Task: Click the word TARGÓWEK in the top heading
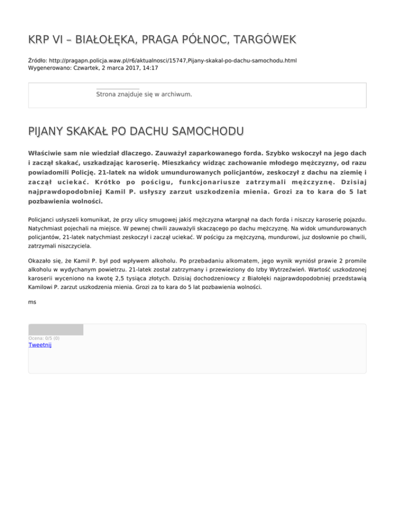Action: coord(259,40)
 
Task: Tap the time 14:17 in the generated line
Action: coord(135,67)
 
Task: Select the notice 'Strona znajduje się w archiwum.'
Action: coord(144,95)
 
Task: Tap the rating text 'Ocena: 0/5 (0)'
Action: coord(44,338)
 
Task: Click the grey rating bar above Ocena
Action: coord(56,330)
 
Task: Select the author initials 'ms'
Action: coord(32,302)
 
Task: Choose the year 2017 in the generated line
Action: coord(116,67)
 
